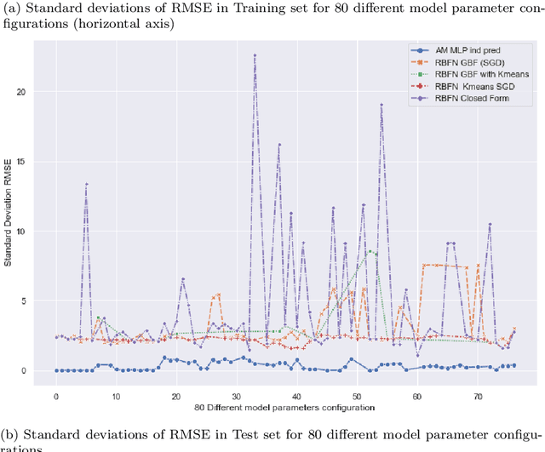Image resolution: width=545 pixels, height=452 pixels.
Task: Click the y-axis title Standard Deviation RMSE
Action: [x=9, y=211]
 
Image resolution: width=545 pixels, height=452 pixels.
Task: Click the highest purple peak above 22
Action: [x=255, y=55]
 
